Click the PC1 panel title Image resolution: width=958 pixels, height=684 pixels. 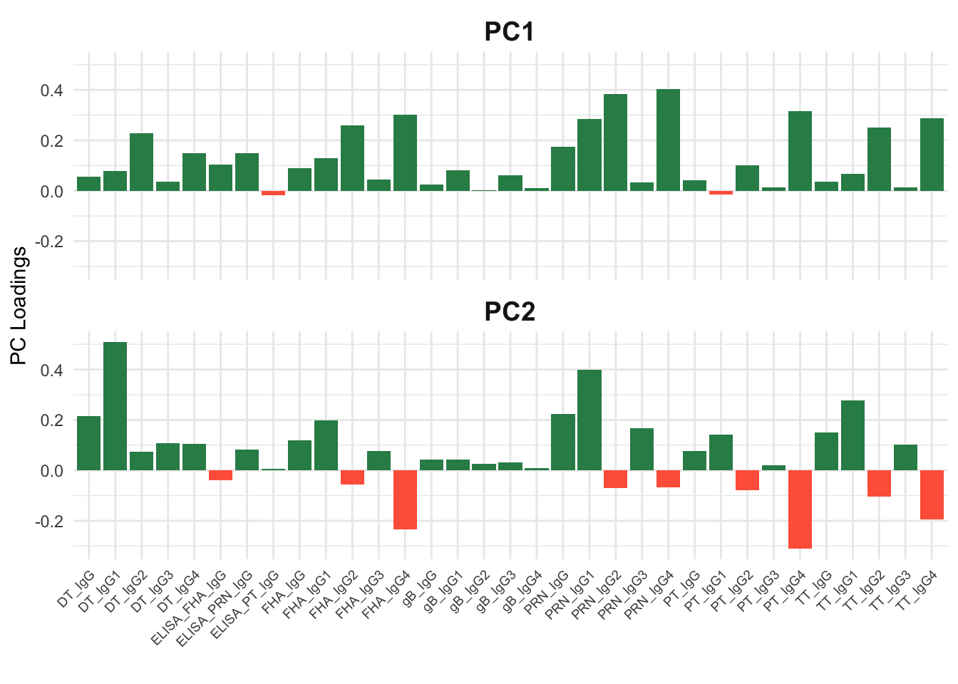point(509,31)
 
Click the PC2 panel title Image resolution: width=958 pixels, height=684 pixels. point(510,311)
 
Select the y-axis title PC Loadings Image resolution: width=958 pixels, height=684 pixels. point(19,306)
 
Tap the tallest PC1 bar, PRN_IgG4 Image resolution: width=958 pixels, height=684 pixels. point(668,140)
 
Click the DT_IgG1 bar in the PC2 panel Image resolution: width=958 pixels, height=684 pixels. point(115,406)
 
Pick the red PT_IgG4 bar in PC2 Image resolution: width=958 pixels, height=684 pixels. point(800,509)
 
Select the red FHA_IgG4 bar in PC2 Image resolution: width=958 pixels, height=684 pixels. point(405,499)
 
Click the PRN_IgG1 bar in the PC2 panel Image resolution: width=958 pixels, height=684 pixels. point(589,420)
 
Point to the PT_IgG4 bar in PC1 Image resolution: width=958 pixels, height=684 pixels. point(800,151)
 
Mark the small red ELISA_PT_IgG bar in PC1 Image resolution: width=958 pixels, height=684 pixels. point(273,193)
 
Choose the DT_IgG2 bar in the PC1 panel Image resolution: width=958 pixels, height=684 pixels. point(142,162)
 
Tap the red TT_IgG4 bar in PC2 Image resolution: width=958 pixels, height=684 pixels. point(932,494)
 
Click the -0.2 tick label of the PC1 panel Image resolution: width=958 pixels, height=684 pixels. point(49,242)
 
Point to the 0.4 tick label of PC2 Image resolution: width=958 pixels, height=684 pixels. point(52,370)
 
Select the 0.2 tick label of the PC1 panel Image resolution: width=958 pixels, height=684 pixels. point(52,141)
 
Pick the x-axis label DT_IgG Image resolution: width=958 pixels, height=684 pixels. point(76,589)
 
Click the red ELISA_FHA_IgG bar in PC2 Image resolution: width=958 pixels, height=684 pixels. point(221,475)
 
